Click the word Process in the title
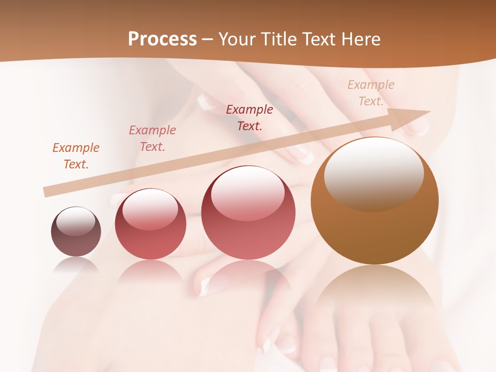[162, 39]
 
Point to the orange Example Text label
[76, 156]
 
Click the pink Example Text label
[152, 138]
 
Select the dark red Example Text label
[250, 117]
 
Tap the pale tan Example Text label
[371, 92]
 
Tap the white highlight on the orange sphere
[374, 173]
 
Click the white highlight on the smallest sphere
[75, 221]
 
